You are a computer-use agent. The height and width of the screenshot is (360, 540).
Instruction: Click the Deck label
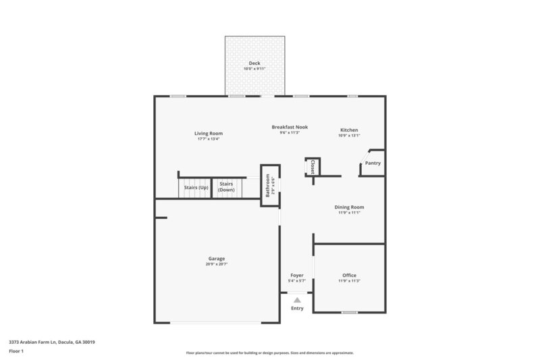click(254, 63)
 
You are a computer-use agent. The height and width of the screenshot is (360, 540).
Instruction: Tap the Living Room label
click(210, 133)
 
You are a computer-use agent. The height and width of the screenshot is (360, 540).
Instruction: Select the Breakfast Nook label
click(290, 127)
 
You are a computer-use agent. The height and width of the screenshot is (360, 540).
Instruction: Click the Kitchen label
click(349, 130)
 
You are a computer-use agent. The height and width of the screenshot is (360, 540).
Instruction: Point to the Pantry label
click(373, 163)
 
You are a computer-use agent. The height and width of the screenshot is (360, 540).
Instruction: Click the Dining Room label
click(350, 207)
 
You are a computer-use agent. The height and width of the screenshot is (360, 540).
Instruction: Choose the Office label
click(349, 275)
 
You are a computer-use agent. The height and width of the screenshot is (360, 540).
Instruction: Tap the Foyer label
click(297, 275)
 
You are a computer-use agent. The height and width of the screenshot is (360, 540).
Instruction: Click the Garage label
click(217, 259)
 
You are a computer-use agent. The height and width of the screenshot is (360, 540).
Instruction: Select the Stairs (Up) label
click(196, 186)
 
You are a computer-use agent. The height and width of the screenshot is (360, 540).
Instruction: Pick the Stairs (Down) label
click(226, 188)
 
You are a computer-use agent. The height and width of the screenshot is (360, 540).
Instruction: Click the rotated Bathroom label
click(267, 185)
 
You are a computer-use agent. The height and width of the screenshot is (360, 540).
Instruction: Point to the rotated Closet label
click(313, 166)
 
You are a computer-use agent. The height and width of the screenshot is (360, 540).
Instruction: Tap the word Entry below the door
click(297, 308)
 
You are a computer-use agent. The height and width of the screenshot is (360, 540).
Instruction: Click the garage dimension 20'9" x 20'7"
click(217, 264)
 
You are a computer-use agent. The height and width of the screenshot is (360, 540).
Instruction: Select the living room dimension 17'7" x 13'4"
click(210, 138)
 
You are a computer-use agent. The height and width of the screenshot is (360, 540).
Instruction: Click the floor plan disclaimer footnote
click(270, 353)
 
